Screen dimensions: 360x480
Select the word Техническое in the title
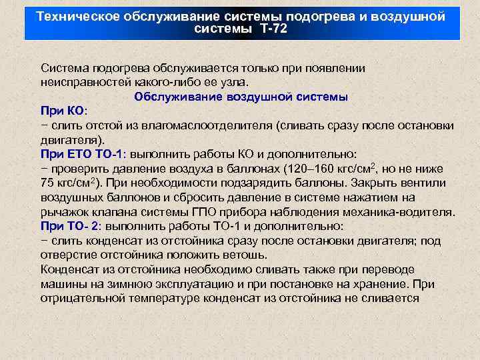click(77, 16)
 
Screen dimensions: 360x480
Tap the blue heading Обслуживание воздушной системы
click(241, 97)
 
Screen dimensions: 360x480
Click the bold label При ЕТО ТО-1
click(84, 154)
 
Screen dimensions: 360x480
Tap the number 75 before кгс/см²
click(47, 183)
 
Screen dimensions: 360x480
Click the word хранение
click(379, 285)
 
